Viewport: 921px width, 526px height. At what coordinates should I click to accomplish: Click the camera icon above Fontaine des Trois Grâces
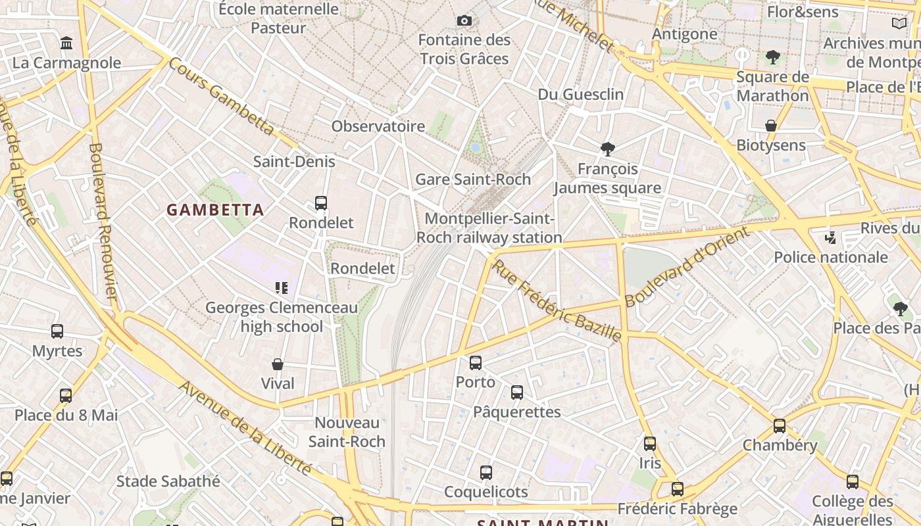[464, 21]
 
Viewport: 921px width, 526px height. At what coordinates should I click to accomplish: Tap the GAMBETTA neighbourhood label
[215, 210]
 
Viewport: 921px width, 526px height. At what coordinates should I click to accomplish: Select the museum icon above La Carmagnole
[66, 43]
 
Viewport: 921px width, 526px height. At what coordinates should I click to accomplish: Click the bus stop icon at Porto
[476, 362]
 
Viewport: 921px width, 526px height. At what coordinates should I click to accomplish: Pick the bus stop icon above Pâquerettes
[517, 393]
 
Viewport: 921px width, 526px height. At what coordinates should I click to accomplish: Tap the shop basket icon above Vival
[278, 364]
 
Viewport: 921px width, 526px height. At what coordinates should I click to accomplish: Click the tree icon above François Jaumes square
[607, 149]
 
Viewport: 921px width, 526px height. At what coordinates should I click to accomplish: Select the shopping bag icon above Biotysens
[771, 126]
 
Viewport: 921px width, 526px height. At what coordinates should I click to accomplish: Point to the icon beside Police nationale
[831, 237]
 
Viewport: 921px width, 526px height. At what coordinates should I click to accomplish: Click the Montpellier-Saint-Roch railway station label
[489, 228]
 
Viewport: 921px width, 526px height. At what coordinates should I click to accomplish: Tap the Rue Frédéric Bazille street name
[557, 300]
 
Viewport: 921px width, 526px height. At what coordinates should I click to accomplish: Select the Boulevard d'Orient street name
[687, 266]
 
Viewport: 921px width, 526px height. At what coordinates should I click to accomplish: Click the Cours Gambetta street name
[221, 96]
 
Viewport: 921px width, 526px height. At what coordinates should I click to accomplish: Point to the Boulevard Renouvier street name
[103, 223]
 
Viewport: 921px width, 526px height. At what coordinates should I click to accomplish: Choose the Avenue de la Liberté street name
[245, 427]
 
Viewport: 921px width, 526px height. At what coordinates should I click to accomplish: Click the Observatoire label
[378, 126]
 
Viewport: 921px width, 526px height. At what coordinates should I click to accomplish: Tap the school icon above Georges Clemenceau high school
[282, 287]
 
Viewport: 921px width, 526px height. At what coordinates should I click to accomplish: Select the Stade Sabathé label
[168, 481]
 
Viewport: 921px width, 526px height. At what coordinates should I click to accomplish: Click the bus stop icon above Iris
[650, 444]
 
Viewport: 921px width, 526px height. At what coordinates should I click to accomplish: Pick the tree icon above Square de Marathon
[772, 57]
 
